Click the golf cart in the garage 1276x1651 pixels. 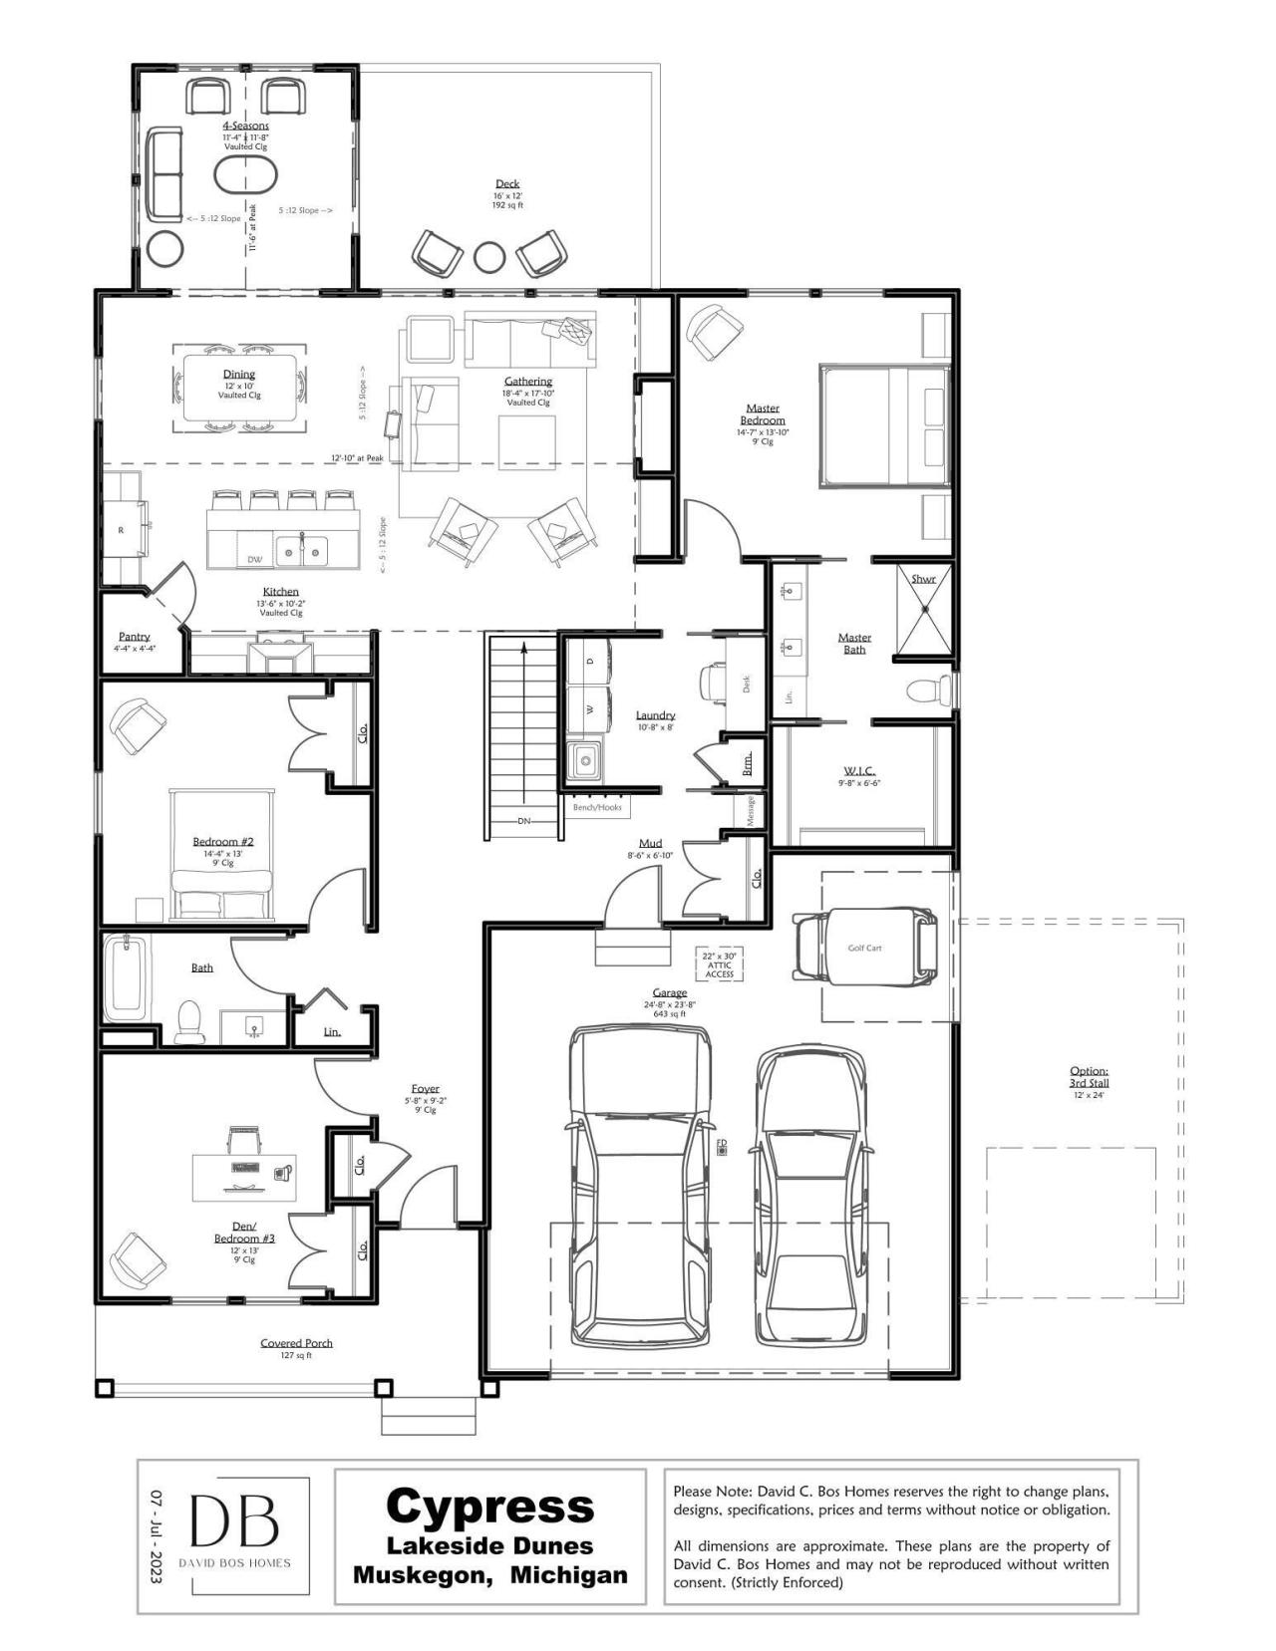864,948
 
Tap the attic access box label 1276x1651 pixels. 719,963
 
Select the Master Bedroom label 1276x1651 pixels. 763,413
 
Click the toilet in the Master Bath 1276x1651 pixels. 928,689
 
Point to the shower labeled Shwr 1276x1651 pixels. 924,609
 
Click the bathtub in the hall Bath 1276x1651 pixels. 126,976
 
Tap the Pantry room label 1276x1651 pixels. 135,637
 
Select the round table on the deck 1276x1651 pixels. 488,257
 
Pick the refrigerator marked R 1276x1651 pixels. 123,529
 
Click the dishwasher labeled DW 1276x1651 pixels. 255,559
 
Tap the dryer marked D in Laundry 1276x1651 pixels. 589,661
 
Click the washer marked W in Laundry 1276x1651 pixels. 589,709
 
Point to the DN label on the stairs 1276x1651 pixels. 524,821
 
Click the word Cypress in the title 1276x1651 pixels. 489,1506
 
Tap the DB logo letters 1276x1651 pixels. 235,1520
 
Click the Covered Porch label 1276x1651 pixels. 296,1343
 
